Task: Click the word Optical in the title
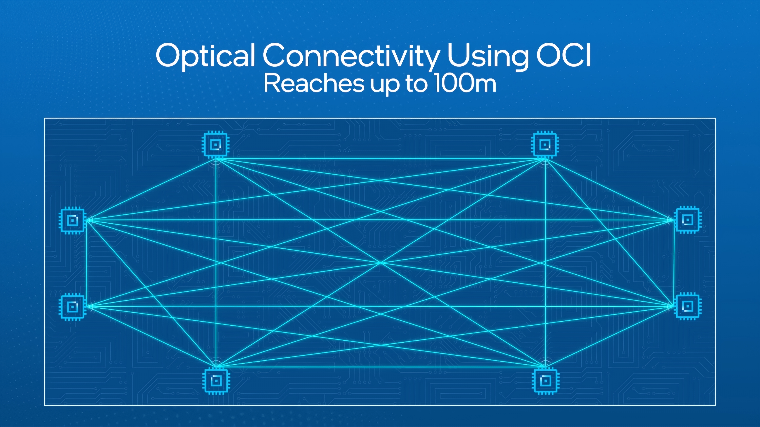point(205,56)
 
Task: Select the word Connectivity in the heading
point(351,56)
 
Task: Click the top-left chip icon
point(216,144)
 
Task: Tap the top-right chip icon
point(545,144)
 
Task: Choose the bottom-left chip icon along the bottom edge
point(216,381)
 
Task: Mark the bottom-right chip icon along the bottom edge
point(545,381)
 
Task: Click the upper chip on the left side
point(72,220)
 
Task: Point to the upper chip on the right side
point(688,220)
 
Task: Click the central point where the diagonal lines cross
point(381,262)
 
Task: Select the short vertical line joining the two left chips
point(87,264)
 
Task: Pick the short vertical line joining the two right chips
point(674,263)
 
